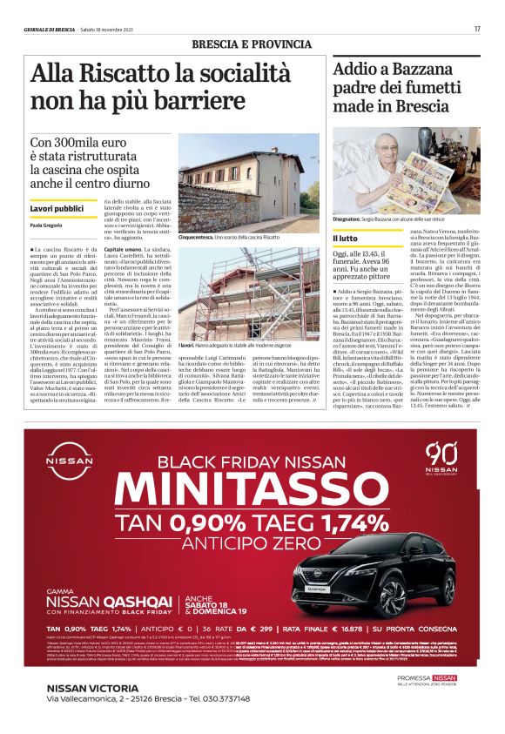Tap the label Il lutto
(x=347, y=237)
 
